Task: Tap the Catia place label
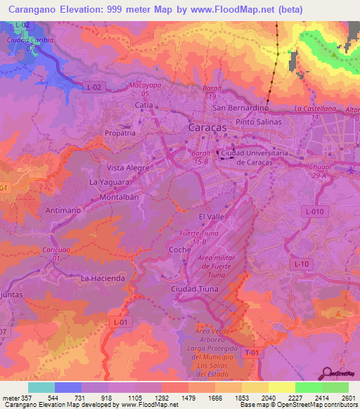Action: coord(144,105)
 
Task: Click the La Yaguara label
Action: coord(109,181)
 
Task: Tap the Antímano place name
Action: coord(61,209)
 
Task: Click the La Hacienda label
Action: coord(103,278)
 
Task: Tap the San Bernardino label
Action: coord(241,108)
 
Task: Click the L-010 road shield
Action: coord(314,211)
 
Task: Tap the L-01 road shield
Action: coord(121,322)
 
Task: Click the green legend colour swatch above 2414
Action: coord(308,387)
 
